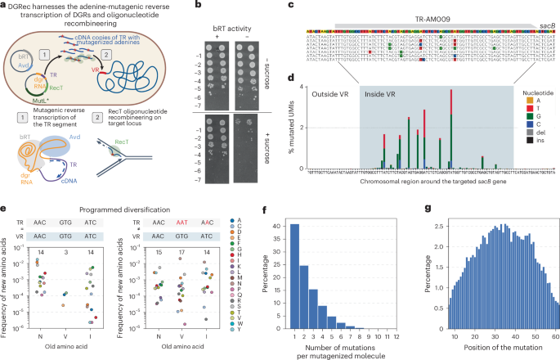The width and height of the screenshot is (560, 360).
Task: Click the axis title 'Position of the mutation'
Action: [489, 353]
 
